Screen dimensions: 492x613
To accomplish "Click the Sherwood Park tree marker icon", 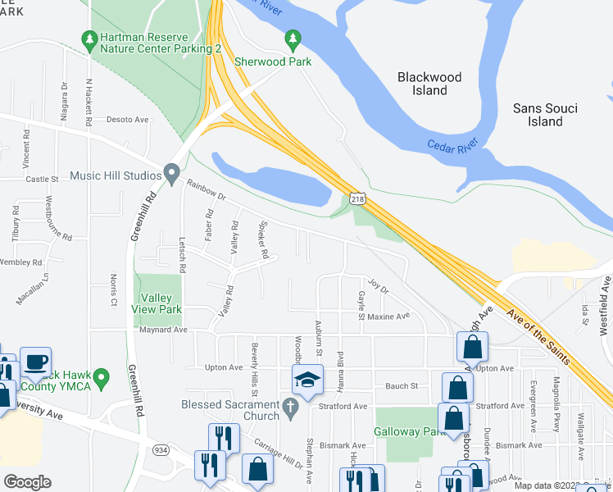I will [x=292, y=39].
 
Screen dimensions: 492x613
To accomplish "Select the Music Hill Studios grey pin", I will [x=171, y=174].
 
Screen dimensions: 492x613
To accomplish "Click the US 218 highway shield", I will [x=357, y=199].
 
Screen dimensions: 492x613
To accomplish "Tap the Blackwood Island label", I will [x=429, y=84].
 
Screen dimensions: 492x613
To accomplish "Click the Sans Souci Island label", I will [x=545, y=115].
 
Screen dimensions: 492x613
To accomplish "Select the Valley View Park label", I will [x=161, y=303].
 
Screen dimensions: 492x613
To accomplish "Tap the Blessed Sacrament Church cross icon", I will [x=289, y=406].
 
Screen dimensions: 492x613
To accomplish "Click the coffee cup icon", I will [x=34, y=362].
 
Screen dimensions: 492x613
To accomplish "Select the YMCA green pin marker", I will [x=101, y=378].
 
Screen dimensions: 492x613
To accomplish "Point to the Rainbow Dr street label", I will [x=206, y=190].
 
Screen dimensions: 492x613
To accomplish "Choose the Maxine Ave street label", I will [x=388, y=317].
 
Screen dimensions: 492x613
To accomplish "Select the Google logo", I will [x=28, y=481].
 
